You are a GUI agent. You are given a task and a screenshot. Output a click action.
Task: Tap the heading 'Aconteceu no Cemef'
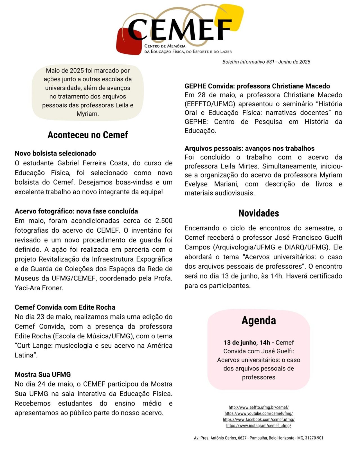pyautogui.click(x=88, y=135)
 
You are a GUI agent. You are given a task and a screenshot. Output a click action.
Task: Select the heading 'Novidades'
pyautogui.click(x=258, y=213)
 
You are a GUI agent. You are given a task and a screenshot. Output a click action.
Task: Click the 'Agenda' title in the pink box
pyautogui.click(x=258, y=321)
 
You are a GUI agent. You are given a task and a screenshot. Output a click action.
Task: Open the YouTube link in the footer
pyautogui.click(x=258, y=413)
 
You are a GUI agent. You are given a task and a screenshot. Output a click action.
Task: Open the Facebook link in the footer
pyautogui.click(x=258, y=420)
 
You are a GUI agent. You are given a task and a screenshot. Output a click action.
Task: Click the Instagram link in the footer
pyautogui.click(x=258, y=426)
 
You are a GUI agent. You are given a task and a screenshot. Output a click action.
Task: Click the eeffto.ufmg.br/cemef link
pyautogui.click(x=258, y=407)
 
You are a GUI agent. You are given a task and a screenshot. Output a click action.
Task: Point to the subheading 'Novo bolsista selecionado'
pyautogui.click(x=55, y=154)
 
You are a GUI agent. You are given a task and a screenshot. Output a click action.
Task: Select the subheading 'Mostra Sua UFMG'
pyautogui.click(x=43, y=375)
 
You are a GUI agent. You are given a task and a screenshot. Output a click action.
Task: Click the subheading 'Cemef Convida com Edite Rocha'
pyautogui.click(x=65, y=307)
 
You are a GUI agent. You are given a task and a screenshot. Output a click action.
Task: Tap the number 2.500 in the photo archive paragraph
pyautogui.click(x=164, y=221)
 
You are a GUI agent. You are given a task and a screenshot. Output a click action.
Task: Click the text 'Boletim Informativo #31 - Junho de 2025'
pyautogui.click(x=266, y=62)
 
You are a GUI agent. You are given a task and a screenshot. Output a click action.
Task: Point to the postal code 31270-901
pyautogui.click(x=314, y=438)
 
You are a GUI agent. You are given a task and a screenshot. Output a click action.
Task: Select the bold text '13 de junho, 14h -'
pyautogui.click(x=249, y=343)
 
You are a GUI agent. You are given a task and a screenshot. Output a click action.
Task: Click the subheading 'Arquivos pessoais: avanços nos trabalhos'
pyautogui.click(x=249, y=148)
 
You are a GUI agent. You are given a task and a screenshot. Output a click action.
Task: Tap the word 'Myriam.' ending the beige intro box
pyautogui.click(x=87, y=114)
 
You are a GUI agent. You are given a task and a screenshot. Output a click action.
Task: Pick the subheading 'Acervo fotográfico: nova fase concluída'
pyautogui.click(x=76, y=211)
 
